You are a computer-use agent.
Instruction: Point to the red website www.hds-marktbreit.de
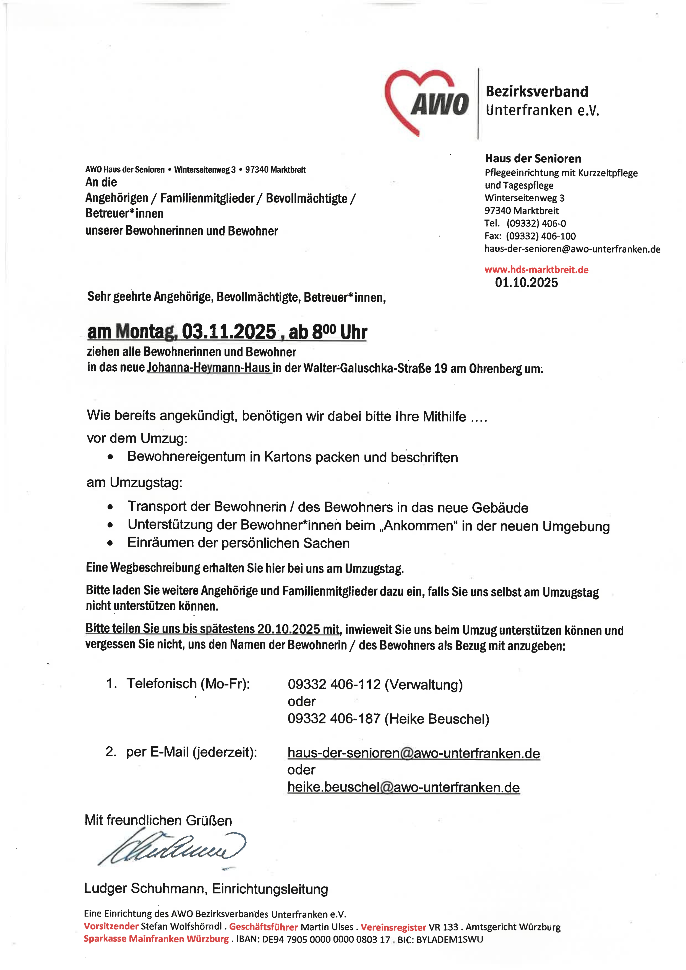(x=536, y=269)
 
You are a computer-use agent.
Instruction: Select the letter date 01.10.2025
(x=526, y=283)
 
